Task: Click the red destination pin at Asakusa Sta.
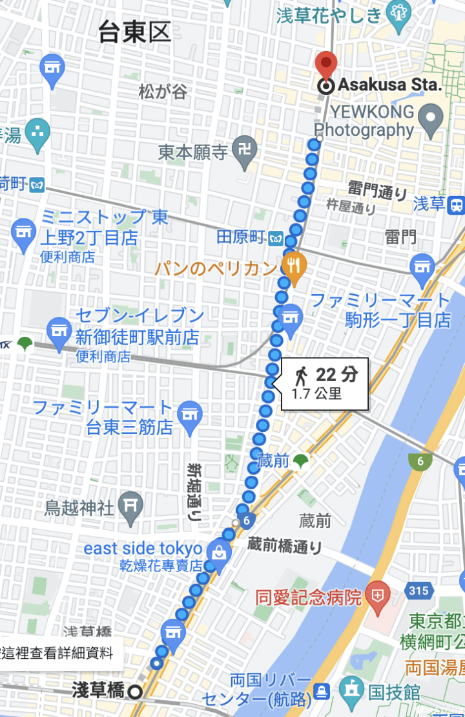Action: click(326, 65)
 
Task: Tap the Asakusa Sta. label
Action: click(390, 85)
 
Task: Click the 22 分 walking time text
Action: click(336, 374)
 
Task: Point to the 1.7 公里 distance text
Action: click(316, 394)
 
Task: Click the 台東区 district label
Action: click(134, 31)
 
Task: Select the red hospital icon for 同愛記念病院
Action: click(377, 592)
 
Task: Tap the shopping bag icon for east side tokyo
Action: click(218, 553)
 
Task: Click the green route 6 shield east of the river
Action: click(420, 461)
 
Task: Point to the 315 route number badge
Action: click(417, 590)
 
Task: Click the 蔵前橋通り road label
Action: click(284, 545)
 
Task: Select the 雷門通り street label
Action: click(378, 191)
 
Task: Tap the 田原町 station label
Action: click(241, 237)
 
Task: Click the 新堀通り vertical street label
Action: click(194, 491)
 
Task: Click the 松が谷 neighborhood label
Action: click(163, 92)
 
